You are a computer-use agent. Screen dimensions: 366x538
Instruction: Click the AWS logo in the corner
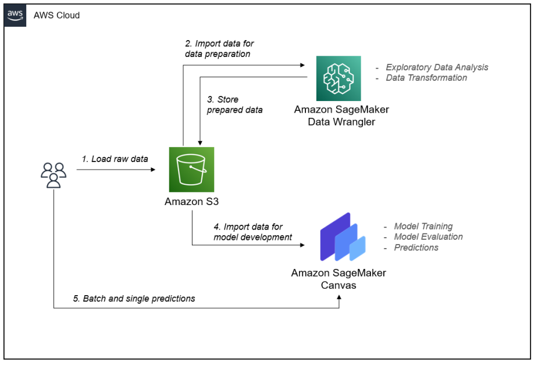point(16,16)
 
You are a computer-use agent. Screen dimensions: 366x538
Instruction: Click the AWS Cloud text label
point(56,16)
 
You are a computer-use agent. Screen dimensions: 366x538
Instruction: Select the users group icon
point(54,174)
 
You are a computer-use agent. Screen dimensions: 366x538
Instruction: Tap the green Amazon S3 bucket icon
point(191,169)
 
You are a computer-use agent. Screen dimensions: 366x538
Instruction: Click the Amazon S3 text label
point(191,202)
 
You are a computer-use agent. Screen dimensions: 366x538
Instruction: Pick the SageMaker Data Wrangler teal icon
point(339,78)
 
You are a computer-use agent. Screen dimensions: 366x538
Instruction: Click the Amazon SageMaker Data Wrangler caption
point(341,115)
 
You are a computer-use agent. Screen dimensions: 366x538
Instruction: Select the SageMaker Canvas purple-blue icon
point(342,238)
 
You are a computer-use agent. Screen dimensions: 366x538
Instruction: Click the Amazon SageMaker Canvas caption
point(339,279)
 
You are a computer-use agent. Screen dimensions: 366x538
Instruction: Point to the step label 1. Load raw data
point(115,159)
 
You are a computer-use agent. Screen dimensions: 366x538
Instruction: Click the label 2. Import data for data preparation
point(219,49)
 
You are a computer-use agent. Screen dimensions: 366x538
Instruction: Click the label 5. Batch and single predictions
point(134,299)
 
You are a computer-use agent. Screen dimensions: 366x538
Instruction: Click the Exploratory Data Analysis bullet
point(436,67)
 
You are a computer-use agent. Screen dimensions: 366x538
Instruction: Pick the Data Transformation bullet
point(426,78)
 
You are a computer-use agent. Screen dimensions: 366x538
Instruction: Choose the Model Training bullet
point(423,227)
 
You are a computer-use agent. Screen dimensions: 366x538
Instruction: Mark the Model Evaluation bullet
point(428,237)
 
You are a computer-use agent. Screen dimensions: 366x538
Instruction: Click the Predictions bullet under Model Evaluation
point(416,247)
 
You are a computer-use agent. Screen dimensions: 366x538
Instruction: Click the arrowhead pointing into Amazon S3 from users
point(154,170)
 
